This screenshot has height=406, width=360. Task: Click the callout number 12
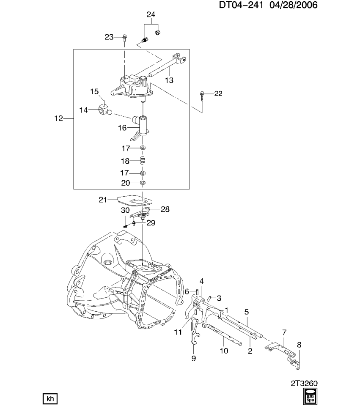[x=58, y=119]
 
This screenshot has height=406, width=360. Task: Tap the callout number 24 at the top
[x=151, y=14]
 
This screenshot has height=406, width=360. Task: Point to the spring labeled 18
[x=143, y=161]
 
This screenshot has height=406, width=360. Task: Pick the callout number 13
[x=169, y=80]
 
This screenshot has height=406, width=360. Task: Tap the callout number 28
[x=165, y=209]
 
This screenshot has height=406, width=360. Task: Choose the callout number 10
[x=224, y=350]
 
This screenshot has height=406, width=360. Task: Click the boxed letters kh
[x=50, y=399]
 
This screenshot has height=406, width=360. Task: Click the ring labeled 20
[x=143, y=183]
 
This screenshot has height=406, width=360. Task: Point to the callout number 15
[x=94, y=91]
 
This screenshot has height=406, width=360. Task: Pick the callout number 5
[x=246, y=312]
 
